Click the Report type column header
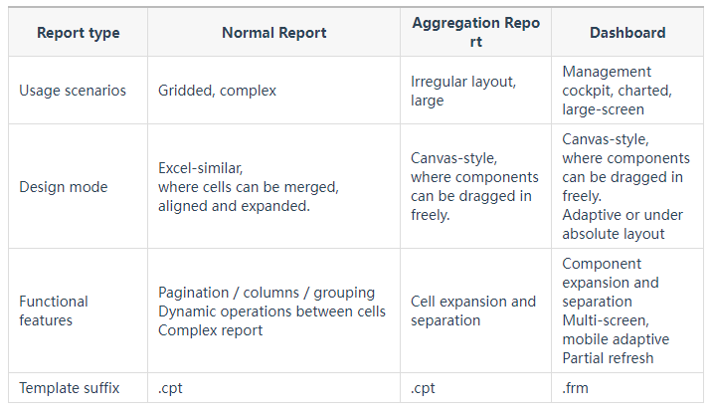[79, 33]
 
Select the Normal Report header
[273, 33]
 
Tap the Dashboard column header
[627, 33]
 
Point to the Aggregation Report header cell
[476, 32]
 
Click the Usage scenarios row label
[73, 91]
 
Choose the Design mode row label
[64, 187]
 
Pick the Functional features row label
[54, 310]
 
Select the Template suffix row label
[69, 388]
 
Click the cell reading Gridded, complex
[217, 91]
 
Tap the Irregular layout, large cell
[463, 91]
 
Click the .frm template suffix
[576, 388]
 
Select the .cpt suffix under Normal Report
[170, 388]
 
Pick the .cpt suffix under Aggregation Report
[423, 388]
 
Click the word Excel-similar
[200, 168]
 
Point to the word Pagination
[194, 293]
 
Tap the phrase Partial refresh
[608, 358]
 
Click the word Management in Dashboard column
[607, 72]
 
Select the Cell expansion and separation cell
[473, 310]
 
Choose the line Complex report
[210, 330]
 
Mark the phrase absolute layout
[613, 234]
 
